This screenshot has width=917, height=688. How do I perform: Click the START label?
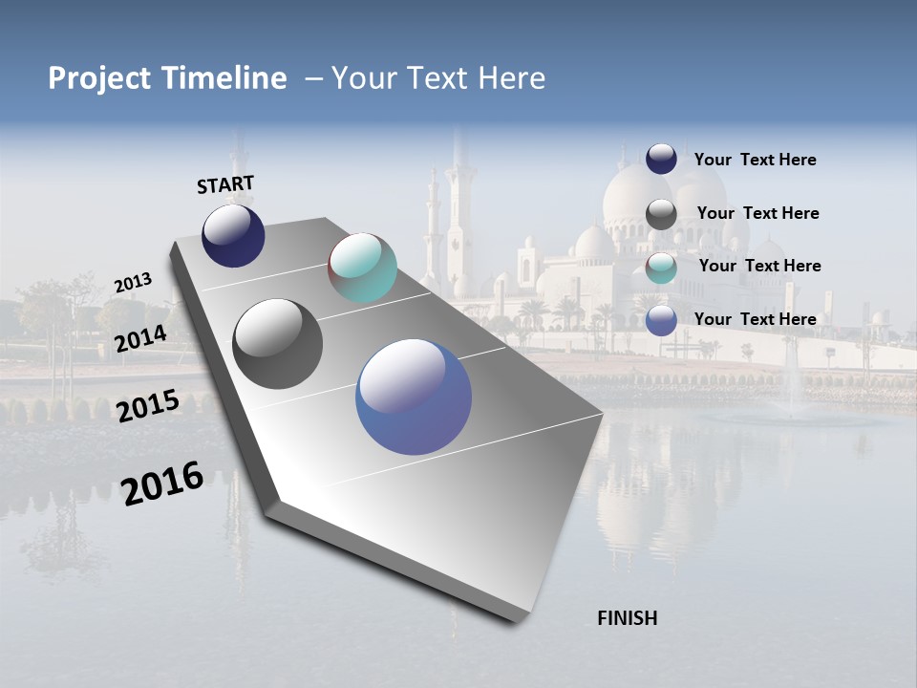click(225, 184)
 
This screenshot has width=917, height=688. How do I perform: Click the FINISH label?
click(627, 618)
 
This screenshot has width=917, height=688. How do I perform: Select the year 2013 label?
click(133, 283)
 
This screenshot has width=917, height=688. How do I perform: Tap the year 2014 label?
click(141, 338)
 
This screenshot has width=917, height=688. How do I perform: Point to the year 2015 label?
click(148, 405)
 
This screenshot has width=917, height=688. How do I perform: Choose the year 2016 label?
click(162, 484)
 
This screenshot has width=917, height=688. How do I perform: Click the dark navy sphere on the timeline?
click(233, 236)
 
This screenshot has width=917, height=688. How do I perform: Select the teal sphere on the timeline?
click(362, 268)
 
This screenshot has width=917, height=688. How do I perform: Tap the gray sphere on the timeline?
click(278, 344)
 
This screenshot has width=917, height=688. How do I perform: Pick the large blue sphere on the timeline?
click(414, 397)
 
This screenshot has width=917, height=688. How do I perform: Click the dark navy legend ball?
click(661, 159)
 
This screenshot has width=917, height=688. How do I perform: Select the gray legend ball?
click(661, 214)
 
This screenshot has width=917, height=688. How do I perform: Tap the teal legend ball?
click(661, 268)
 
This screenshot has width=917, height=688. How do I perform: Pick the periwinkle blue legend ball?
click(661, 320)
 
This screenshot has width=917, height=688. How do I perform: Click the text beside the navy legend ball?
click(755, 160)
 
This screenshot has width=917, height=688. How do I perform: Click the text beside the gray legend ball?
click(757, 213)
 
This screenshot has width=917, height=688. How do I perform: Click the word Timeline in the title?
click(225, 78)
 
